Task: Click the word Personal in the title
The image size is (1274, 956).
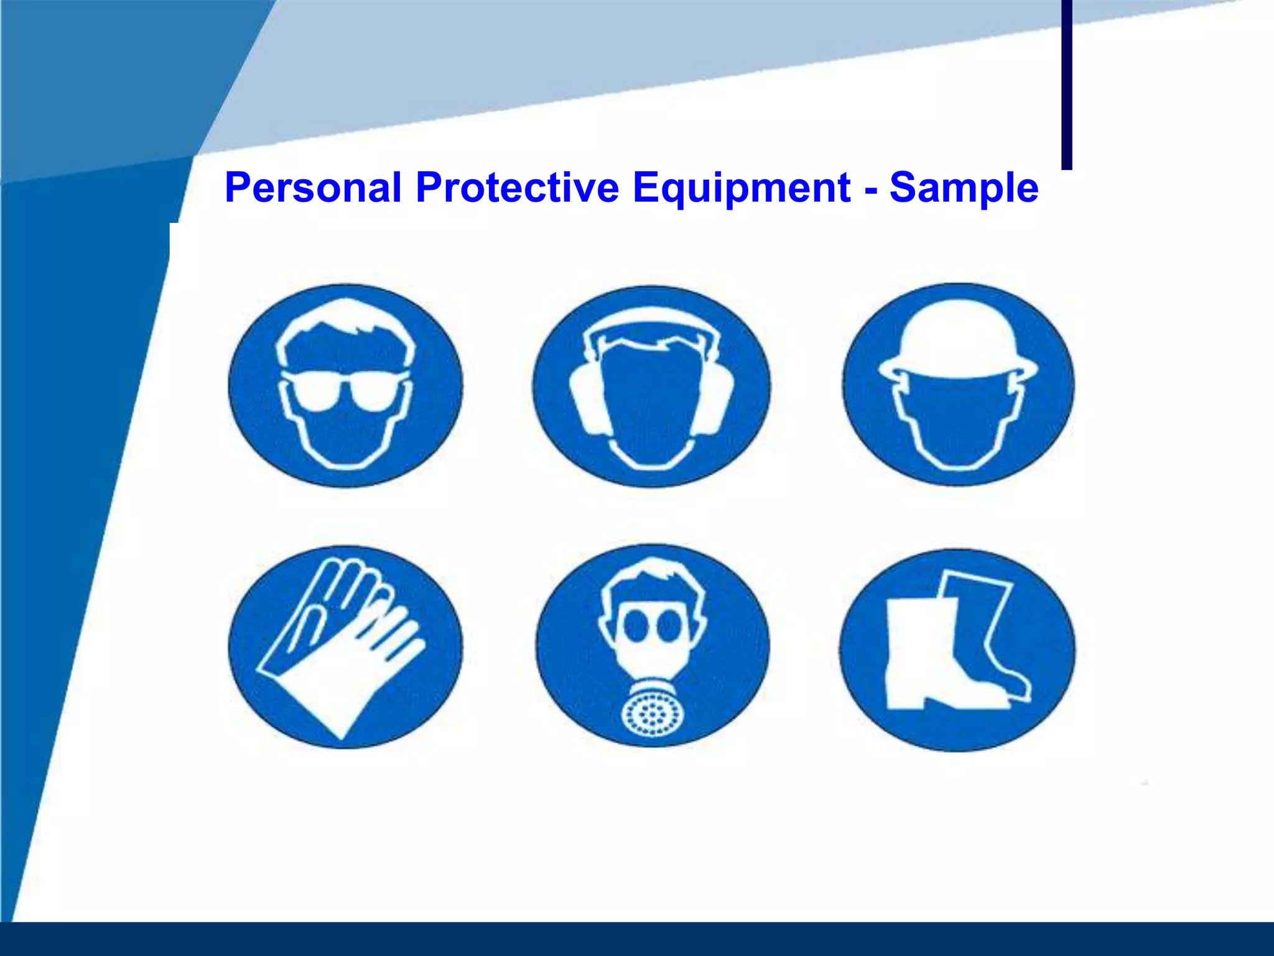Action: coord(313,188)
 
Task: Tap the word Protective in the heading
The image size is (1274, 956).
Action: coord(518,188)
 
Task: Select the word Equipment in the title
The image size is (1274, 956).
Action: coord(742,188)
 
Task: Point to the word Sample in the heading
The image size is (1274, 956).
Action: coord(964,188)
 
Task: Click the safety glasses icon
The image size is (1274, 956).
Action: coord(345,385)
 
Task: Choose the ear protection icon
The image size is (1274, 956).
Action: coord(651,387)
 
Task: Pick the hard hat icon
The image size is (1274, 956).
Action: coord(958,385)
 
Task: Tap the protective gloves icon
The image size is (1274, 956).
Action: coord(345,647)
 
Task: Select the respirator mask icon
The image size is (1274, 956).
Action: coord(653,647)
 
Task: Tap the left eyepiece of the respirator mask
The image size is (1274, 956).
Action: coord(636,625)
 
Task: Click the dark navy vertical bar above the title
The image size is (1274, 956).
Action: coord(1066,84)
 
